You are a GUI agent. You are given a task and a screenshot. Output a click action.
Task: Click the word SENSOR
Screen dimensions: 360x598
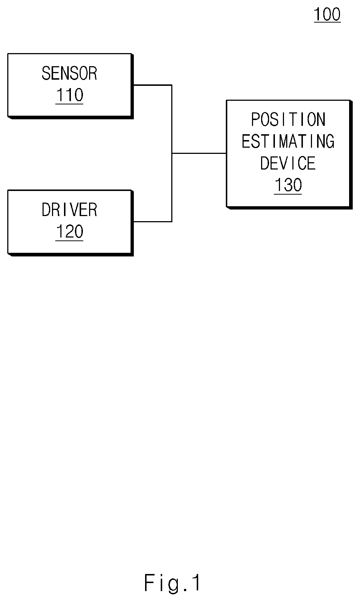point(69,73)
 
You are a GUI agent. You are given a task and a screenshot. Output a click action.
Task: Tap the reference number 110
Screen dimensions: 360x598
point(69,95)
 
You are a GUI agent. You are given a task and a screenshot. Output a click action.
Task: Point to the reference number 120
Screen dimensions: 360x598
point(69,231)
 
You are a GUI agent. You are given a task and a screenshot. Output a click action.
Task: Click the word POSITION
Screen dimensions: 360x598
point(288,119)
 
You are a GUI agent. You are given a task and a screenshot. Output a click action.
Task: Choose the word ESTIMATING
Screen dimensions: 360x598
point(288,141)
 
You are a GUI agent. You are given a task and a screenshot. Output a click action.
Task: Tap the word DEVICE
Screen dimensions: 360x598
point(288,163)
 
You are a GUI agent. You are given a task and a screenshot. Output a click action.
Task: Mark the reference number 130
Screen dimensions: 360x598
point(288,185)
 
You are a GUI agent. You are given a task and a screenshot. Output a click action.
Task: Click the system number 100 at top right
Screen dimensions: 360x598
point(327,14)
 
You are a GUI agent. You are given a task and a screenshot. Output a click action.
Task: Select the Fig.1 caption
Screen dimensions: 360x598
point(172,583)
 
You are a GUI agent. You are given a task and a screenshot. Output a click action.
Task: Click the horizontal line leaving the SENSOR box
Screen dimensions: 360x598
point(153,85)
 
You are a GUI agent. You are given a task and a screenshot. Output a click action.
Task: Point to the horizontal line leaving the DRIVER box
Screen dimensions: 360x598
point(153,222)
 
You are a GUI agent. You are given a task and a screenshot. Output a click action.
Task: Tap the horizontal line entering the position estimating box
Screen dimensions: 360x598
point(199,153)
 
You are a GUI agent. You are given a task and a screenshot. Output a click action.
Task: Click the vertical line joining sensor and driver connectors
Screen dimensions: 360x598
point(172,153)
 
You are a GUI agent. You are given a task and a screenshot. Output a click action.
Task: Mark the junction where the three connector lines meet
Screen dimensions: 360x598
point(172,153)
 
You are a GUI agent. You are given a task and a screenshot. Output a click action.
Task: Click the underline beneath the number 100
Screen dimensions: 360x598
point(327,22)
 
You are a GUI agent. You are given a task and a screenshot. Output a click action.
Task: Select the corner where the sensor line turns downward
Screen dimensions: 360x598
point(172,85)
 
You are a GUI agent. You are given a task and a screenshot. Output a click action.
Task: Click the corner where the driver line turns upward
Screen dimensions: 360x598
point(172,222)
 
